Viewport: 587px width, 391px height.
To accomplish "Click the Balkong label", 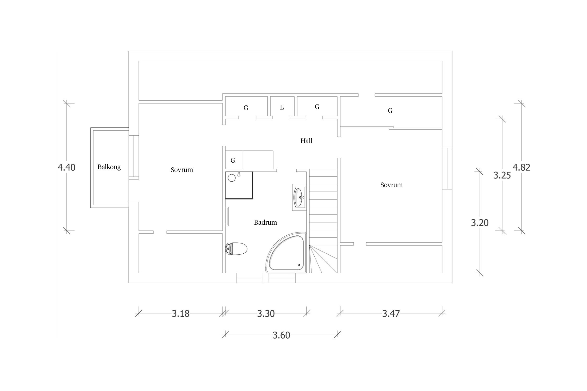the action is (x=109, y=167).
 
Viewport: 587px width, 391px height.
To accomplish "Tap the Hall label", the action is (x=306, y=141).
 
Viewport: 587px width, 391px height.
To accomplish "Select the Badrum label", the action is (x=265, y=222).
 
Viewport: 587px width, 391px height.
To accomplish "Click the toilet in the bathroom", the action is (x=236, y=248).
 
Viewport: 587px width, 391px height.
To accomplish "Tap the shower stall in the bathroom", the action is (x=239, y=185).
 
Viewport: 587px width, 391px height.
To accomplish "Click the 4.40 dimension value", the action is (x=67, y=167).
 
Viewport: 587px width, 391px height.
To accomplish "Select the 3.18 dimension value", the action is (x=181, y=314).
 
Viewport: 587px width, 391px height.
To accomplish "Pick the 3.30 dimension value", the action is (x=266, y=314).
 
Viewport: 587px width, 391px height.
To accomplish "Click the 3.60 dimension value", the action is (x=281, y=335).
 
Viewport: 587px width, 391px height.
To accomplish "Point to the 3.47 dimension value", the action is (x=391, y=314).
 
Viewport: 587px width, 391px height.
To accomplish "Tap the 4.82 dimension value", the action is (x=522, y=167).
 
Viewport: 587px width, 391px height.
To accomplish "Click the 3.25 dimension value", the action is (x=502, y=175).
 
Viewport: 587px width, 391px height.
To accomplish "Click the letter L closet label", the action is (x=282, y=107).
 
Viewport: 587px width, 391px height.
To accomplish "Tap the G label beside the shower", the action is (x=233, y=161).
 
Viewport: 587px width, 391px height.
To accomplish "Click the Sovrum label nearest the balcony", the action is (x=182, y=170).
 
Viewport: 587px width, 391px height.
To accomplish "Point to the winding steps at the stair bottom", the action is (x=323, y=259).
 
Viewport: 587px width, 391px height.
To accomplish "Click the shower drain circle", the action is (x=232, y=178).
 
